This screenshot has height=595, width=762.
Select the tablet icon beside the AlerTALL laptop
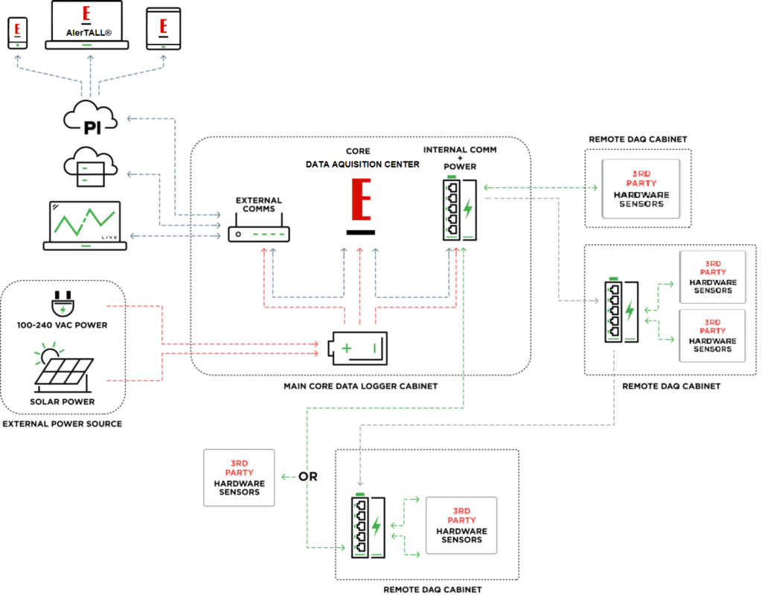(x=163, y=30)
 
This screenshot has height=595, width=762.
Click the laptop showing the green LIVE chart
(x=84, y=224)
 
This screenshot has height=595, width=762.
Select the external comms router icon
(x=258, y=234)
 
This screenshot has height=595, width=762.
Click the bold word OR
(x=307, y=477)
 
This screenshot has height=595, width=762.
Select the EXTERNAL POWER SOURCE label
(x=63, y=424)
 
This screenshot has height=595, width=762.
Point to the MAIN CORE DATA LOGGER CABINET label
(x=361, y=386)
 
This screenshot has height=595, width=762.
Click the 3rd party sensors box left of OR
(x=239, y=477)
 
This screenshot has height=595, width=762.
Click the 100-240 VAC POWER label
(x=63, y=325)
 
